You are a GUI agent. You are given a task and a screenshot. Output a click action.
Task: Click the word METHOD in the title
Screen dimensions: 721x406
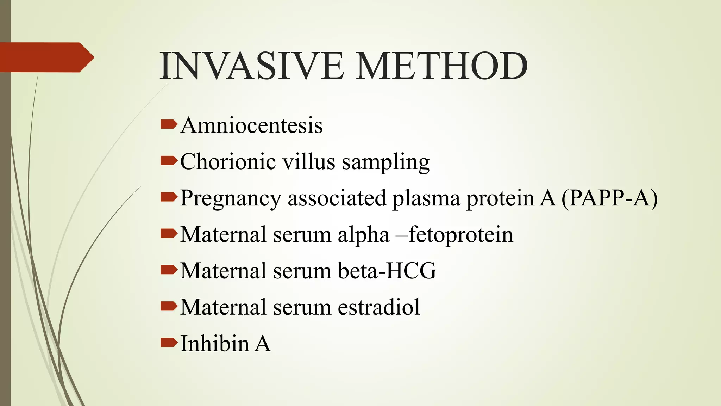pyautogui.click(x=442, y=66)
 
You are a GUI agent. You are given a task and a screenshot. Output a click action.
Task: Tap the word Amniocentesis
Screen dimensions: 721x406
pyautogui.click(x=251, y=125)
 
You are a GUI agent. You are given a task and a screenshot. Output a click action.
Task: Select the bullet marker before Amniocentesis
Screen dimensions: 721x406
pyautogui.click(x=168, y=124)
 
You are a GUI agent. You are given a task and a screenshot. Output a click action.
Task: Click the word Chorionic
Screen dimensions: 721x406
pyautogui.click(x=228, y=162)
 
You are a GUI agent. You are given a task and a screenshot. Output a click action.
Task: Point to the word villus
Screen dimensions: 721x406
pyautogui.click(x=309, y=162)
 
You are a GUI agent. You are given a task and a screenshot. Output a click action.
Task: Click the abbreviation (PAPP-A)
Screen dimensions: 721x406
pyautogui.click(x=609, y=198)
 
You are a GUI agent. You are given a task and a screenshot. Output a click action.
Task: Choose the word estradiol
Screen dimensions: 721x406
pyautogui.click(x=379, y=307)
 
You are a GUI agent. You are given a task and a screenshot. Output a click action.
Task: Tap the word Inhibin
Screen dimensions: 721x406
pyautogui.click(x=214, y=343)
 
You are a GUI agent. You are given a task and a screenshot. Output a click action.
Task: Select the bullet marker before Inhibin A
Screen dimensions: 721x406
pyautogui.click(x=168, y=342)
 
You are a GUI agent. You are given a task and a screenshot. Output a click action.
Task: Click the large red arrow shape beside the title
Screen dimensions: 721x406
pyautogui.click(x=46, y=57)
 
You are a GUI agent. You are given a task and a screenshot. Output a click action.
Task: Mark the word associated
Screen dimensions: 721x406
pyautogui.click(x=337, y=198)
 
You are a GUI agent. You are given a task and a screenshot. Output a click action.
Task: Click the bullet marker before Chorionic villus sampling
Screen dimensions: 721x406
pyautogui.click(x=168, y=161)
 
